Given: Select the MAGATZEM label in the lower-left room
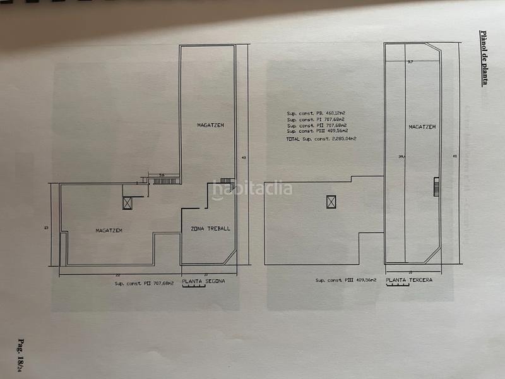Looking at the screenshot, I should tap(109, 231).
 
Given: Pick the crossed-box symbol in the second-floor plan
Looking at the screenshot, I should tap(128, 202).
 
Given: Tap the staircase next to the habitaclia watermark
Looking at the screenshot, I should tap(232, 186).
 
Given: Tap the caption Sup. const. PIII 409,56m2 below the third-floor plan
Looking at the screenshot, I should tap(346, 280).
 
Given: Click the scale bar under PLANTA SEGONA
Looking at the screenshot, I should tap(195, 286).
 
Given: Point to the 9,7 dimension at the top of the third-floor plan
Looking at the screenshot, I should tap(410, 62).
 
